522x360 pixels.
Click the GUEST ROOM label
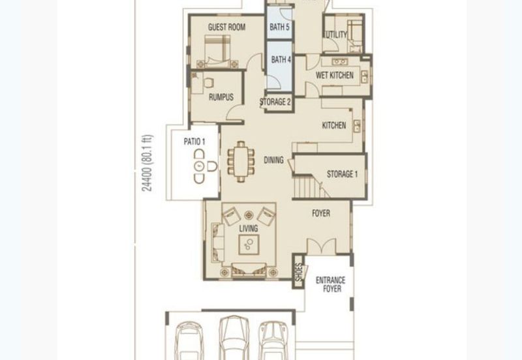tap(226, 27)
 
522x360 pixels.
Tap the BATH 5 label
tap(279, 27)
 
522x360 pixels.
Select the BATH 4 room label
tap(281, 59)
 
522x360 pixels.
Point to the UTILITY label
tap(336, 35)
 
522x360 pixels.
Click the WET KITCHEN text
tap(335, 75)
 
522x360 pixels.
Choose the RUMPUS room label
tap(221, 97)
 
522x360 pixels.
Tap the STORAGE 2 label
tap(275, 102)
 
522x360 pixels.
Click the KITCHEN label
tap(334, 125)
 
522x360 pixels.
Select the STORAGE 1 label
tap(342, 174)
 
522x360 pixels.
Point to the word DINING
tap(273, 160)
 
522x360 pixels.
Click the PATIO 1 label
tap(194, 142)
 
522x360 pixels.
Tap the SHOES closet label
tap(299, 272)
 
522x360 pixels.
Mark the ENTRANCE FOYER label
tap(331, 284)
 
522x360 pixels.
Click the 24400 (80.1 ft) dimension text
tap(147, 163)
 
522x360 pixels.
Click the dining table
tap(241, 162)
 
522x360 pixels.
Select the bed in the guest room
tap(217, 51)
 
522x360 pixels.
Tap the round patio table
tap(200, 166)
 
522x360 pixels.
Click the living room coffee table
tap(249, 245)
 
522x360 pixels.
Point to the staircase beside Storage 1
tap(308, 187)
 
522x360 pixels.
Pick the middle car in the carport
tap(234, 338)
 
